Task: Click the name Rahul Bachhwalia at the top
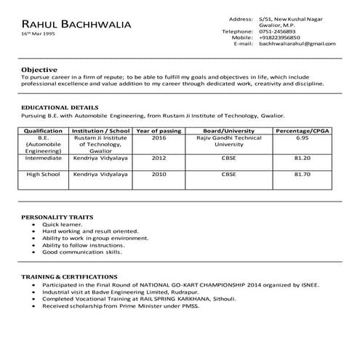coord(76,24)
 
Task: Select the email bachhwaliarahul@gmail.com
coord(297,44)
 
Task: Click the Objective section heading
coord(41,68)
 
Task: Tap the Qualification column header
coord(44,131)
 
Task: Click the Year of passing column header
coord(159,131)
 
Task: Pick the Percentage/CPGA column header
coord(303,131)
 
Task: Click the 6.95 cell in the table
coord(303,137)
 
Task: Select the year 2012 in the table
coord(159,157)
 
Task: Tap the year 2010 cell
coord(159,175)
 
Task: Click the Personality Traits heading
coord(55,217)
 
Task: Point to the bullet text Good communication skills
coord(81,251)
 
